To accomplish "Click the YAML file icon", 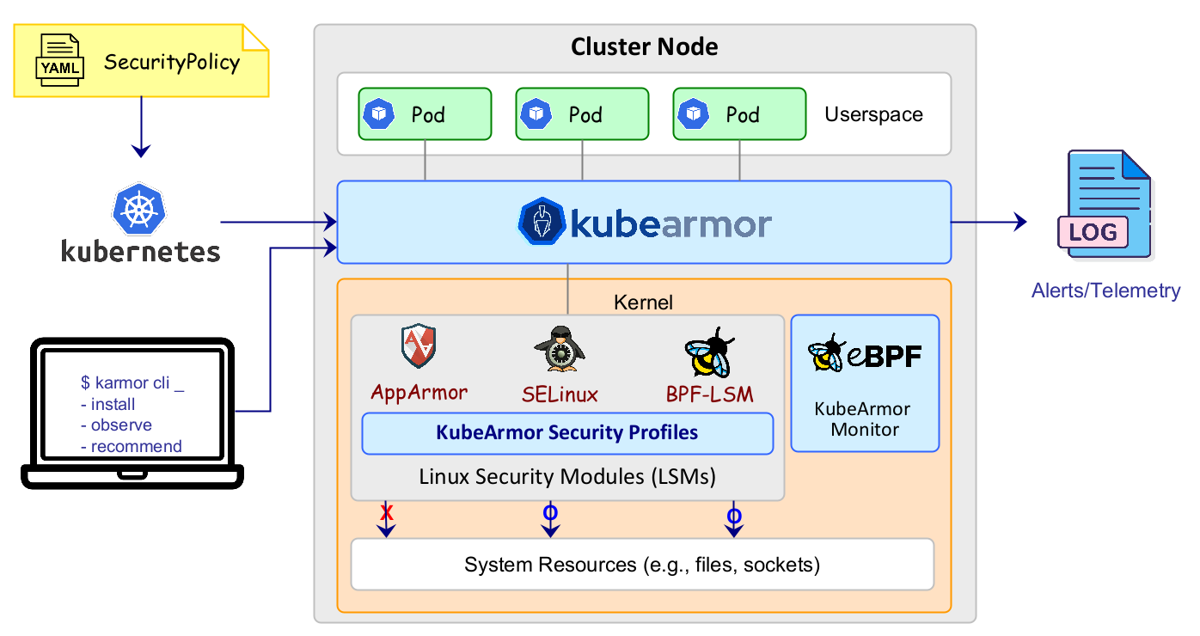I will tap(59, 61).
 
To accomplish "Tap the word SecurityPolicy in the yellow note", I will tap(172, 63).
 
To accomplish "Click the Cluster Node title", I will tap(644, 46).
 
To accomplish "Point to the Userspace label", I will tap(873, 114).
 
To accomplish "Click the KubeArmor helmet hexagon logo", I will tap(542, 223).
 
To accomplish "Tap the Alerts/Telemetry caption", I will tap(1105, 290).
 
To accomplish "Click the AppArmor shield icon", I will tap(419, 346).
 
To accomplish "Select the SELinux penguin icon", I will tap(560, 349).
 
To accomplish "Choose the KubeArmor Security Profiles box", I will tap(567, 433).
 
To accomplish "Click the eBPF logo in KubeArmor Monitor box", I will tap(864, 352).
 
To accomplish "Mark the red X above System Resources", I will tap(387, 513).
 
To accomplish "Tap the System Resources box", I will tap(642, 565).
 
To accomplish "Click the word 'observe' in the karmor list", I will tap(121, 425).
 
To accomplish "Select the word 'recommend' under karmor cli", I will tap(136, 446).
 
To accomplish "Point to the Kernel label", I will tap(643, 303).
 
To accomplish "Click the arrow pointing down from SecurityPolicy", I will tap(141, 129).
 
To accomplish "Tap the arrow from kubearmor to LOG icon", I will tap(989, 222).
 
